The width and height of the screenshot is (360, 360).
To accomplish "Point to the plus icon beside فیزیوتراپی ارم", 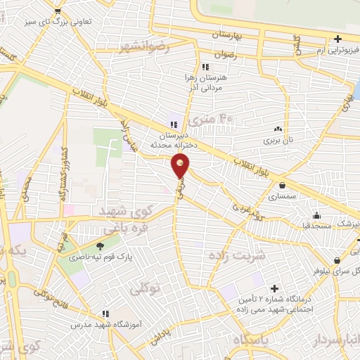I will (x=338, y=39).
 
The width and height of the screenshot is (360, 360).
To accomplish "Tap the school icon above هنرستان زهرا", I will (x=205, y=67).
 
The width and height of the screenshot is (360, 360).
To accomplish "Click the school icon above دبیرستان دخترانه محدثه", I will (x=173, y=124).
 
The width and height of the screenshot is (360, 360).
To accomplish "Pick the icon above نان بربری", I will (x=278, y=129).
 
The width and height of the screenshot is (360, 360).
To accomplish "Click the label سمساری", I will (x=282, y=197).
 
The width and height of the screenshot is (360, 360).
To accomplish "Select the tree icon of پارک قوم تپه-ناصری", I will (x=100, y=246).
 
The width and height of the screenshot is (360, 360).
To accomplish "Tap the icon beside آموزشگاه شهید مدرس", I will (x=105, y=314).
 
